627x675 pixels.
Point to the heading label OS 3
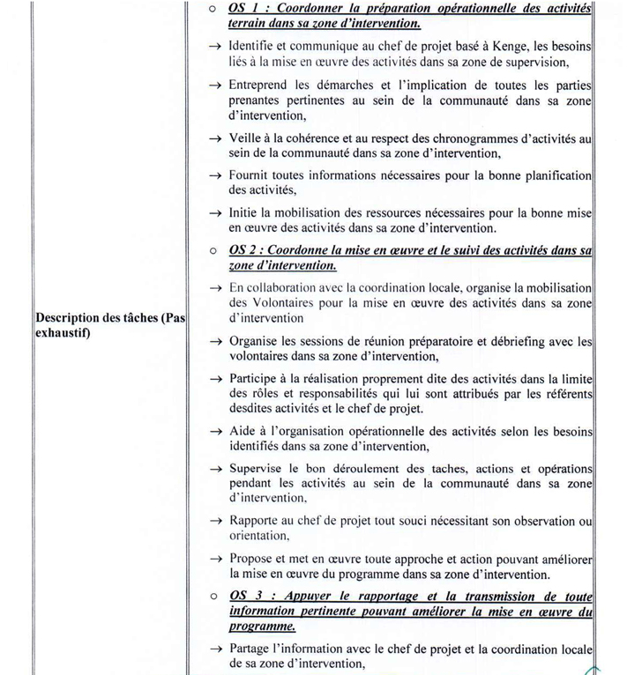coord(243,595)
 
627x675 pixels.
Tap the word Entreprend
coord(260,85)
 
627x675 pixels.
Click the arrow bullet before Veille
coord(214,139)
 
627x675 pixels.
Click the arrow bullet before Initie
coord(214,213)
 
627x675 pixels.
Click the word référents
coord(567,393)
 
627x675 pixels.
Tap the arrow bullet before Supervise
coord(214,469)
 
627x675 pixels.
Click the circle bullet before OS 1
coord(213,9)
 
